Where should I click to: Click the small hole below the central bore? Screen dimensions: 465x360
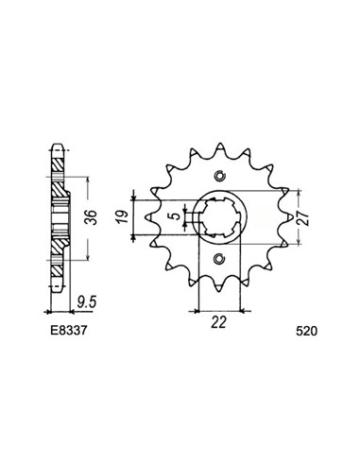220,259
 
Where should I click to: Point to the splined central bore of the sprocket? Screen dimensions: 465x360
220,218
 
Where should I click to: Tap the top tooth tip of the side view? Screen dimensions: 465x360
58,149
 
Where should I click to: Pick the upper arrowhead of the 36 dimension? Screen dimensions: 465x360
88,176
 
